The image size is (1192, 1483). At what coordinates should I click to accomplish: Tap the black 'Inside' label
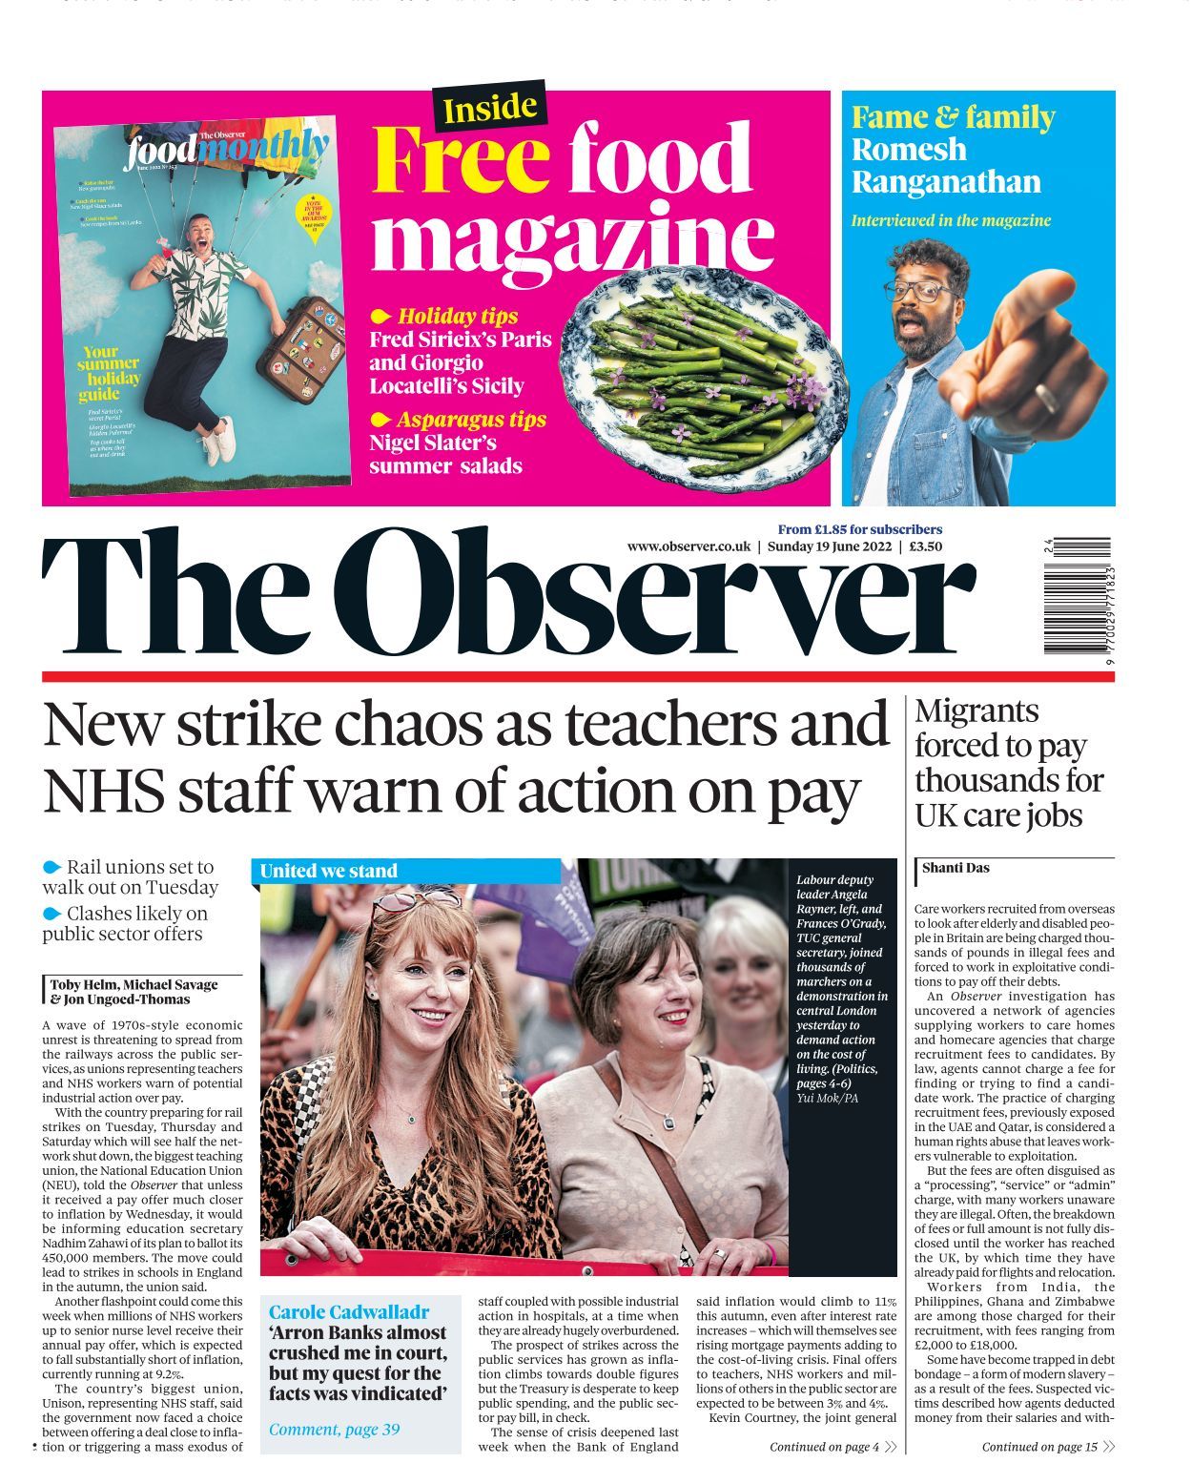[490, 107]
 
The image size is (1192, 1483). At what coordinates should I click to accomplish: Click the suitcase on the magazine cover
[302, 348]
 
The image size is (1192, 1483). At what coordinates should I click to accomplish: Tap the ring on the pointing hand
[1045, 397]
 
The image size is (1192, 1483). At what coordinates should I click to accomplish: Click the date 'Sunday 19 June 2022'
[829, 546]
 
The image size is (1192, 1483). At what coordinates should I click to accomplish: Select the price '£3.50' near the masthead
[925, 546]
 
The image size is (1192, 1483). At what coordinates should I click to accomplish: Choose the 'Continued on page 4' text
[824, 1447]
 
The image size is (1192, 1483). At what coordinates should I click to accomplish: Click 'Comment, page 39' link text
[334, 1429]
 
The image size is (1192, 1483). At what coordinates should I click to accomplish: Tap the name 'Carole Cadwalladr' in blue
[349, 1311]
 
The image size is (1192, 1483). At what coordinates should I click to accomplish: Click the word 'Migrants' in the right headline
[976, 711]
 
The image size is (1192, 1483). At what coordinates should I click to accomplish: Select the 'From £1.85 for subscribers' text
[859, 529]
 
